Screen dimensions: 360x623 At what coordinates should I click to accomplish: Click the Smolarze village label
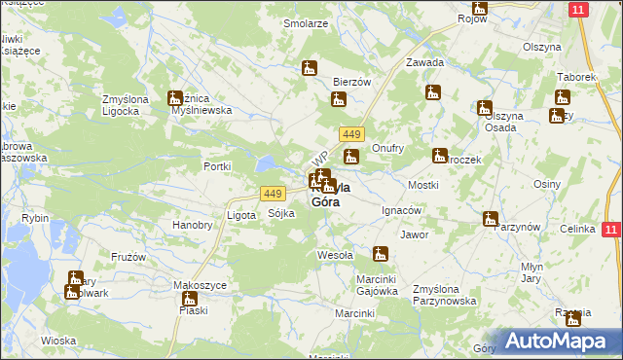point(304,22)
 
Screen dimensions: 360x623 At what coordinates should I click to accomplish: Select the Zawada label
point(425,62)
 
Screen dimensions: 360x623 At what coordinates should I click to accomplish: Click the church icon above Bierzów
point(310,69)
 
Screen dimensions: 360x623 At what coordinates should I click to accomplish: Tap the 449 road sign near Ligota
point(273,193)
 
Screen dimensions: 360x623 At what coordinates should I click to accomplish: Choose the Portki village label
point(216,166)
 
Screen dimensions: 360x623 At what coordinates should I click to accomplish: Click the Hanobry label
point(192,225)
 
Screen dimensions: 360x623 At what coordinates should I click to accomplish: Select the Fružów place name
point(128,257)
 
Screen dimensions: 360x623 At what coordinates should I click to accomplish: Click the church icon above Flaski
point(188,298)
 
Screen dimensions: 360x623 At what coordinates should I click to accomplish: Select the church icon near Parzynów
point(491,220)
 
